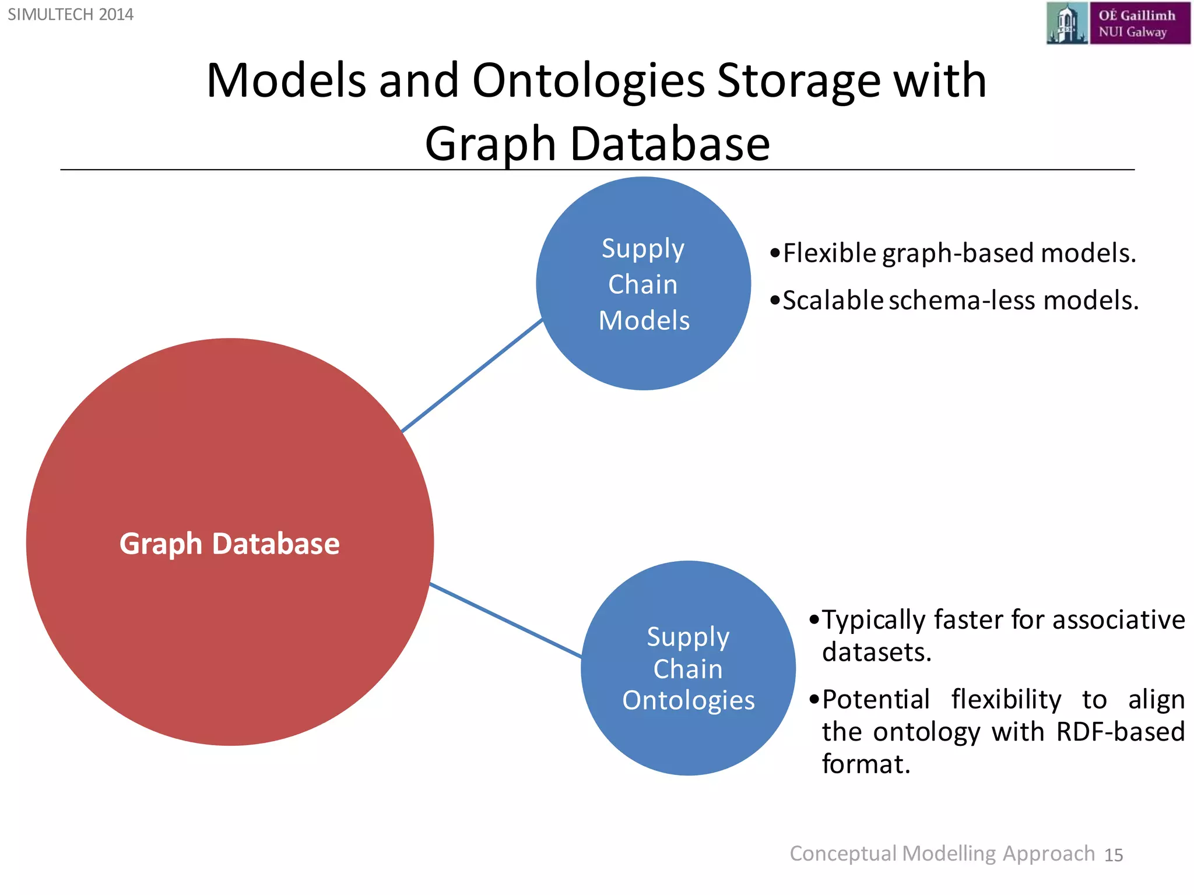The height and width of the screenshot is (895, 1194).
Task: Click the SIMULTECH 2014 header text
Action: coord(71,15)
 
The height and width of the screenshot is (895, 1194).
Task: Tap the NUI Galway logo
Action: coord(1118,23)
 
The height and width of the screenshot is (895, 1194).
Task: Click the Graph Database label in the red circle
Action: coord(230,544)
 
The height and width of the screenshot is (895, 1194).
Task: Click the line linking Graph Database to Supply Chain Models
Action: coord(472,376)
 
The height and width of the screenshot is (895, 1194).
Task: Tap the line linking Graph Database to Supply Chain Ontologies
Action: coord(505,620)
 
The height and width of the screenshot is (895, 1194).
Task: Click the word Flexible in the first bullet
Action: coord(830,253)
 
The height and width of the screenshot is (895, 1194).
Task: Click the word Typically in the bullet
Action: coord(873,620)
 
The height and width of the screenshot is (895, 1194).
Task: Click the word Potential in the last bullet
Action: coord(876,700)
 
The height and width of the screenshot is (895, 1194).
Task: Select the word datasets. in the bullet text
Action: coord(877,652)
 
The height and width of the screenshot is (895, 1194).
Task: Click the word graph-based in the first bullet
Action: coord(958,253)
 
